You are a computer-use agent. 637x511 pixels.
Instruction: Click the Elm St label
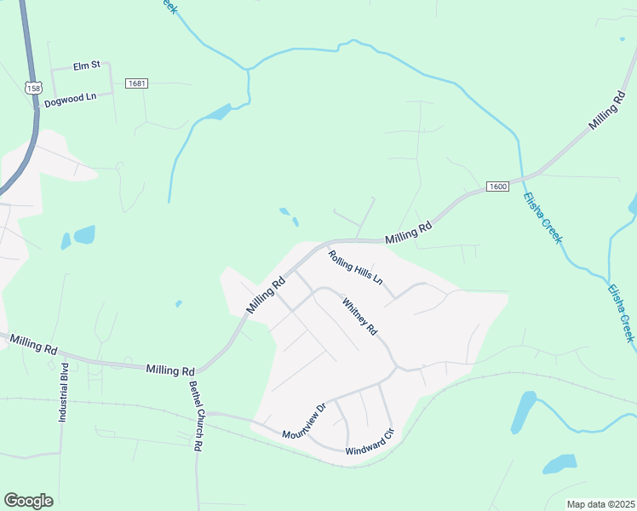tap(87, 64)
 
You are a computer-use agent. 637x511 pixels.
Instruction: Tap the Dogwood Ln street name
tap(71, 97)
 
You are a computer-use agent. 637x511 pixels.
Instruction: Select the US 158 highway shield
tap(33, 88)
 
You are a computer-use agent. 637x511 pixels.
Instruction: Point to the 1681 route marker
tap(136, 83)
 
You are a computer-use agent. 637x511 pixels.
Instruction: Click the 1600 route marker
tap(498, 187)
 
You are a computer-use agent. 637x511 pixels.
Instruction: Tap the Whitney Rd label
tap(359, 316)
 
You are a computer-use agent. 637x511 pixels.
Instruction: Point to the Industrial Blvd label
tap(63, 393)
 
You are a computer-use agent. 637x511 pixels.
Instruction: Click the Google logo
tap(28, 501)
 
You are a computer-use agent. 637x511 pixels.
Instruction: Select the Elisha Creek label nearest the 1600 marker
tap(542, 217)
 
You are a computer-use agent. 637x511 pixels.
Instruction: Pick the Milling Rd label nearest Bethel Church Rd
tap(170, 370)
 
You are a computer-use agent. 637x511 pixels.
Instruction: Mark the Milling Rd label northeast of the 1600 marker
tap(607, 112)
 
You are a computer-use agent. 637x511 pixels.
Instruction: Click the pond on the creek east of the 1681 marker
tap(218, 112)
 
